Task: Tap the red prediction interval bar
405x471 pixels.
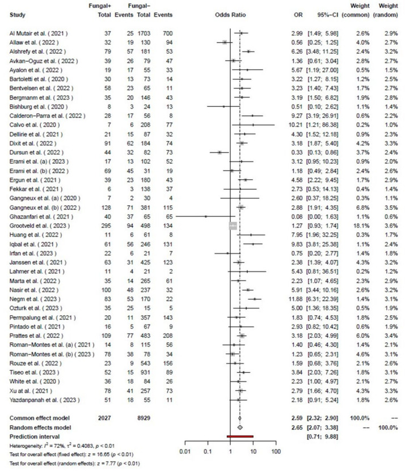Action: coord(240,436)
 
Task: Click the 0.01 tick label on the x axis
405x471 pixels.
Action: coord(184,451)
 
